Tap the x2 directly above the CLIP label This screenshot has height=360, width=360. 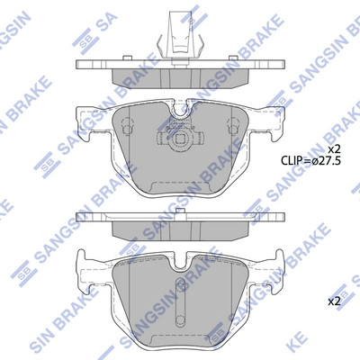[x=333, y=149]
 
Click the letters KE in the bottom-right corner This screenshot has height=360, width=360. [x=341, y=346]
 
